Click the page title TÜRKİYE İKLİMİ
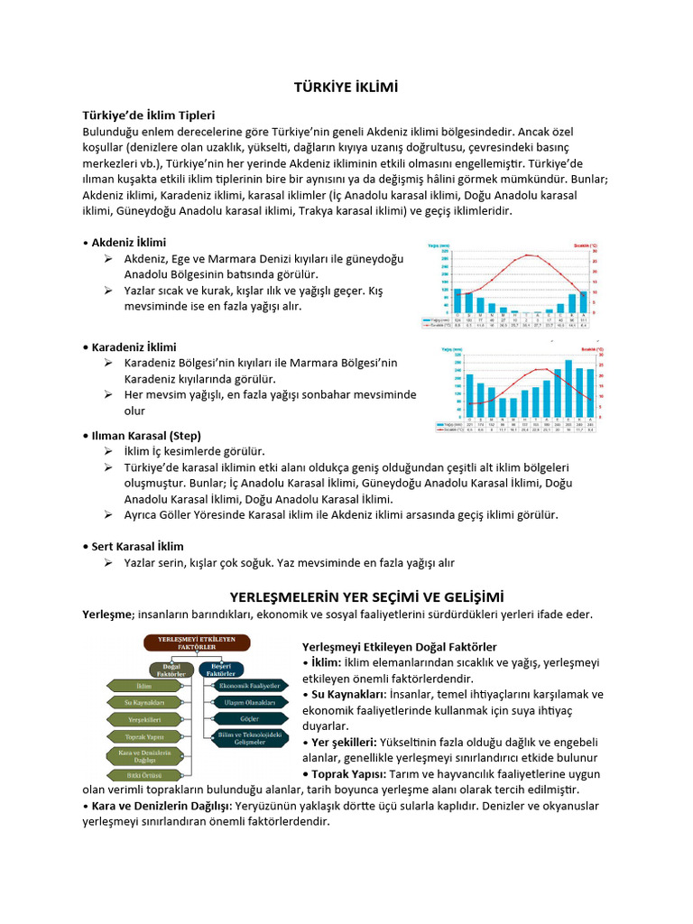click(x=346, y=87)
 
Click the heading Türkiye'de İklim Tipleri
click(x=148, y=115)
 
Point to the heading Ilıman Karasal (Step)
click(x=146, y=435)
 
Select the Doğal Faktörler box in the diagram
click(x=168, y=670)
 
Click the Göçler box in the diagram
click(x=249, y=719)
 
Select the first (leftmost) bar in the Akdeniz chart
click(x=457, y=301)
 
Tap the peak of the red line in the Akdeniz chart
click(x=529, y=255)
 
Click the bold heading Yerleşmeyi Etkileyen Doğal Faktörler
click(x=399, y=647)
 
